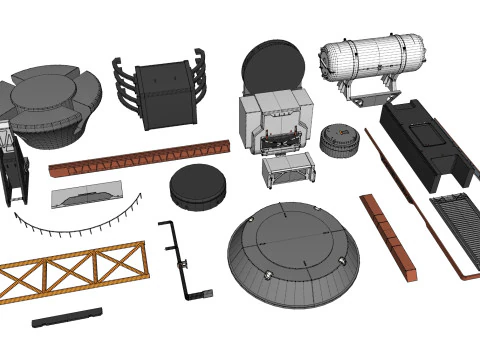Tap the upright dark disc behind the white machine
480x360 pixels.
tap(273, 68)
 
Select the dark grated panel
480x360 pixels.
tap(458, 225)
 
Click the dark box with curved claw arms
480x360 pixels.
tap(163, 93)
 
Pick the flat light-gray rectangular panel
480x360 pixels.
tap(87, 193)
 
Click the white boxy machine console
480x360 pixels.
tap(275, 122)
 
